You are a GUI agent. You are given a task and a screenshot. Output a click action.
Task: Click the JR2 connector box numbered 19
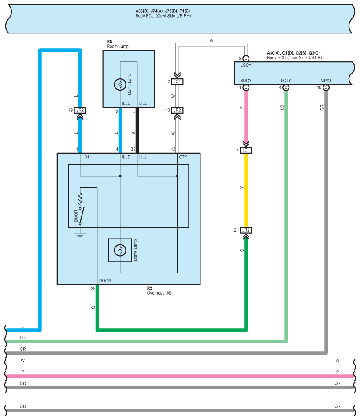[x=80, y=110]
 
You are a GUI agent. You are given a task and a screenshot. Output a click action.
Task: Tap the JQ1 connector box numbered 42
[x=178, y=81]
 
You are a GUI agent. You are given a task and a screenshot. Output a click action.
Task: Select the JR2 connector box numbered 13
[x=178, y=110]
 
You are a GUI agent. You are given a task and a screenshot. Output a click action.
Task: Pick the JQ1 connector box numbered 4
[x=246, y=150]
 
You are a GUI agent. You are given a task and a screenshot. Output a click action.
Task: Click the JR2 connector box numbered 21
[x=246, y=230]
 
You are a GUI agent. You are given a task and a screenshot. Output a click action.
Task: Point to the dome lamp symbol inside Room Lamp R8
[x=119, y=84]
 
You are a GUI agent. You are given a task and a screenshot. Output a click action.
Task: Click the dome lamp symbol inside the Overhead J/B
[x=119, y=250]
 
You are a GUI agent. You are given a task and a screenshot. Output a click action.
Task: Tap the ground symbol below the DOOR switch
[x=80, y=236]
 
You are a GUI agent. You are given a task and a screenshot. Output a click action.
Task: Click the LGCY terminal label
[x=246, y=66]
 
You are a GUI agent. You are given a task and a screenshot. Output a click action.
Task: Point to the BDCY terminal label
[x=246, y=81]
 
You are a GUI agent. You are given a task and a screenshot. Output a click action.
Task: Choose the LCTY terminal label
[x=286, y=81]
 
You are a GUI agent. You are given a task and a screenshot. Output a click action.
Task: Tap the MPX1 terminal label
[x=326, y=81]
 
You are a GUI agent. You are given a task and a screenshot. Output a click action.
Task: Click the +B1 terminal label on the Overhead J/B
[x=85, y=157]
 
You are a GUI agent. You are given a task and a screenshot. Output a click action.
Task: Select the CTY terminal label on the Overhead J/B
[x=183, y=157]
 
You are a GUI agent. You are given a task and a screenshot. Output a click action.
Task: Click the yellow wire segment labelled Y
[x=246, y=189]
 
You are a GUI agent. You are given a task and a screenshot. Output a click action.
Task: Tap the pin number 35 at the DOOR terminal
[x=93, y=289]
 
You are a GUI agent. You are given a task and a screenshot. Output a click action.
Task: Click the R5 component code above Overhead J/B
[x=149, y=288]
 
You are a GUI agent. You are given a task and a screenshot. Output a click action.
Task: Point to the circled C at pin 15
[x=326, y=88]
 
